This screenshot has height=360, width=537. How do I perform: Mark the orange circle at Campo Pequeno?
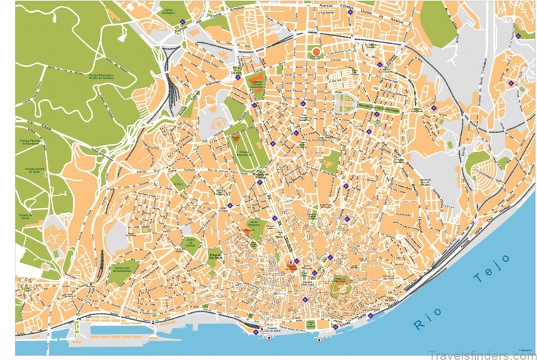coord(316,51)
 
